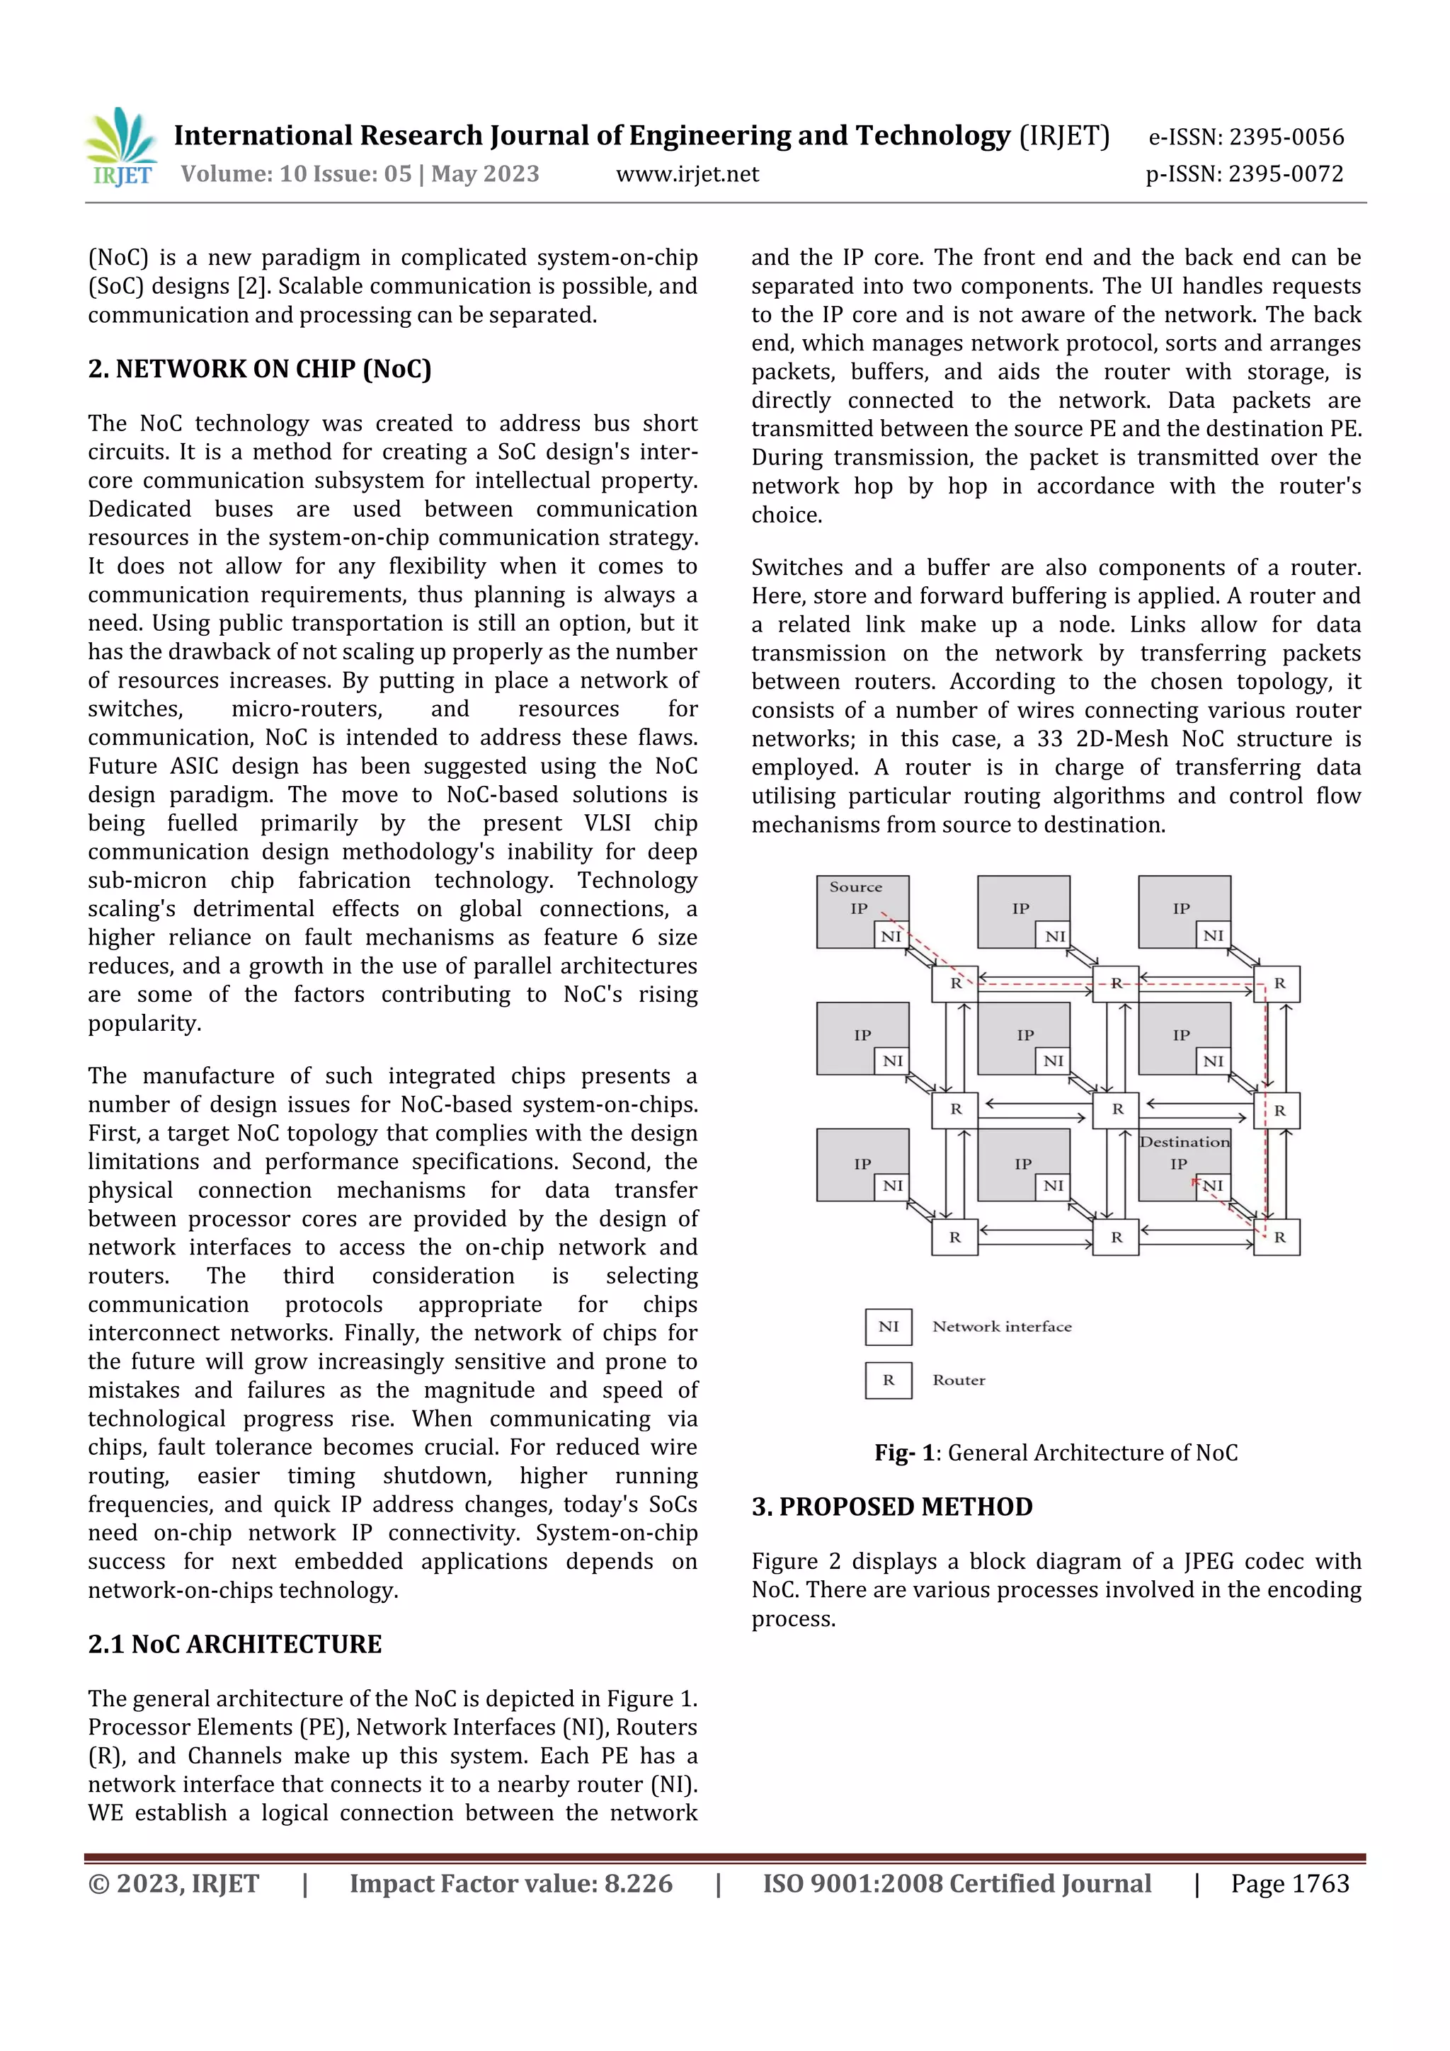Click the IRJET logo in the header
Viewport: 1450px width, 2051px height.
(x=122, y=147)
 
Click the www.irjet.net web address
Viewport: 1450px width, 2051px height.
(x=687, y=174)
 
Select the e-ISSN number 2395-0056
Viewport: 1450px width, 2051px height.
(x=1286, y=137)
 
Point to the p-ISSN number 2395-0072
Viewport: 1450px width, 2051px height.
(x=1286, y=174)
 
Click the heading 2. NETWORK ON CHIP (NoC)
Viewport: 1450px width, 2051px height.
(x=259, y=369)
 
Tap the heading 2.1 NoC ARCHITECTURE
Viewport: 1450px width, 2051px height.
(x=234, y=1645)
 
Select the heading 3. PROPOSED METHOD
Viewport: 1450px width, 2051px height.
(x=891, y=1507)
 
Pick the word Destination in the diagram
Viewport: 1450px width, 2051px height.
(x=1184, y=1142)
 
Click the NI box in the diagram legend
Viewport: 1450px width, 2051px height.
(x=888, y=1327)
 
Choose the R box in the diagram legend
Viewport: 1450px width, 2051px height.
(x=888, y=1380)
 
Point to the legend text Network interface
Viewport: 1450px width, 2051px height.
(x=1002, y=1327)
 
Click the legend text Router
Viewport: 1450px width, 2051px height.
(x=959, y=1380)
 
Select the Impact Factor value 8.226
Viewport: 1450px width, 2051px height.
(x=638, y=1884)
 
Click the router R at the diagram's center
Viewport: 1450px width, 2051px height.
(x=1117, y=1109)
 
